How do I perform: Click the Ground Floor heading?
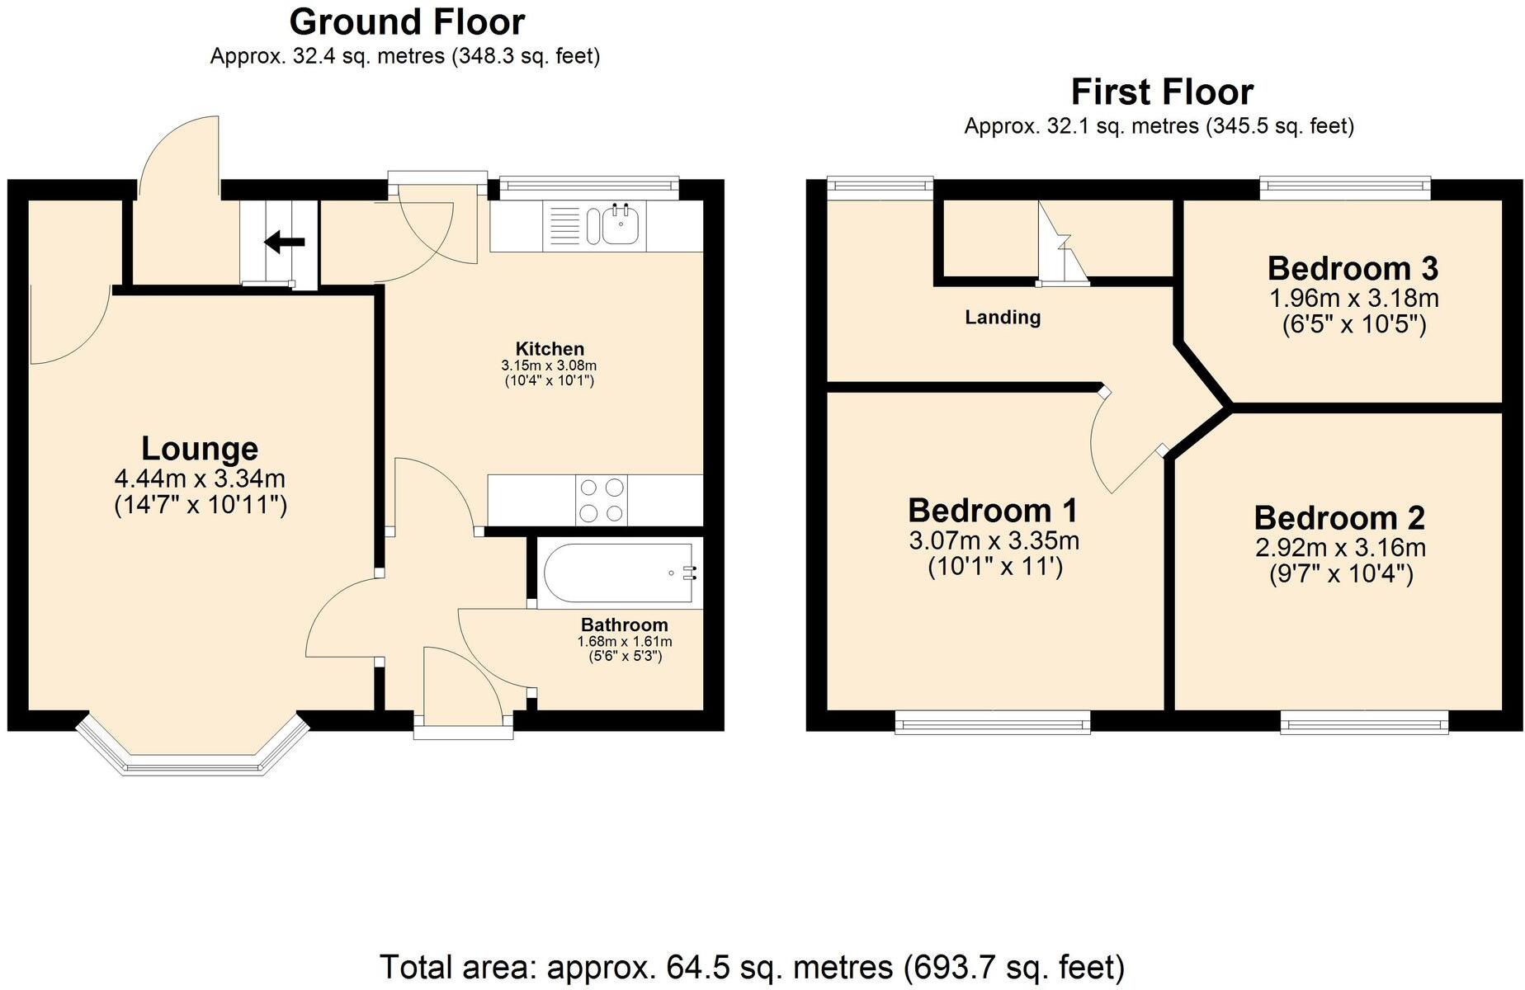407,22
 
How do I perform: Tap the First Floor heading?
1162,92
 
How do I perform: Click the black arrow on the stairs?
284,243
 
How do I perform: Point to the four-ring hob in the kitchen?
601,500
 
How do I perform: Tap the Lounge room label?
200,448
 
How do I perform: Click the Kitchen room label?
550,348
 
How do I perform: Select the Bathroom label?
624,625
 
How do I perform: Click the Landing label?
1003,317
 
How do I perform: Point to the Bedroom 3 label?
1353,268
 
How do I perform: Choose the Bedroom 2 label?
1339,517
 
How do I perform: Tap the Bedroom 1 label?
993,511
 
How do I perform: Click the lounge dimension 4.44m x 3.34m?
200,478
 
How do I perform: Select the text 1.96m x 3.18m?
1353,297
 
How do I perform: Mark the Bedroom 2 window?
1364,724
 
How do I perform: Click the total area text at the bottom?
752,966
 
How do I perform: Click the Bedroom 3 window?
1345,188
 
